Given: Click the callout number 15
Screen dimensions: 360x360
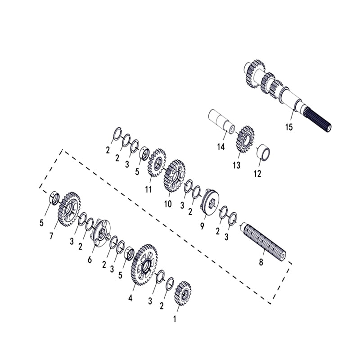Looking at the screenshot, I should tap(289, 127).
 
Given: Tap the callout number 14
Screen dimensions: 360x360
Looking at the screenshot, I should tap(220, 146).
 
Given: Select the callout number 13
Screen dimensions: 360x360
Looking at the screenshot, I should tap(237, 165).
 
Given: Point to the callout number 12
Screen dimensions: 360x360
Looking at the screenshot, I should tap(257, 174).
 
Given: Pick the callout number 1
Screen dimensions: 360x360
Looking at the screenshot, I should tap(175, 319).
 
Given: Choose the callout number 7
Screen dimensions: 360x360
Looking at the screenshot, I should tap(51, 235).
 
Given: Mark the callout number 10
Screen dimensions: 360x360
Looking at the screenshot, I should tap(168, 204).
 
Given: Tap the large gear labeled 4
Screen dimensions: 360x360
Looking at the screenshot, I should tap(144, 265).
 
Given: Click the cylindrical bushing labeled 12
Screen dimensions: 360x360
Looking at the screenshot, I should tap(264, 152).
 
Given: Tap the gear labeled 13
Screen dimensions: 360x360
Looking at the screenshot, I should tap(245, 139).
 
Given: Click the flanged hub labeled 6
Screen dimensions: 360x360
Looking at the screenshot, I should tap(101, 233).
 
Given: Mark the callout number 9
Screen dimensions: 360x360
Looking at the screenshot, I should tap(202, 225).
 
